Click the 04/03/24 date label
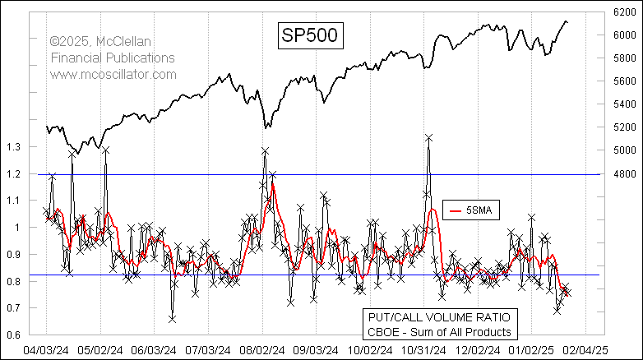pyautogui.click(x=46, y=349)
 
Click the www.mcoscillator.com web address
pyautogui.click(x=113, y=74)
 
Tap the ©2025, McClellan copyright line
pyautogui.click(x=111, y=41)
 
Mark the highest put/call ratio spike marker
pyautogui.click(x=428, y=137)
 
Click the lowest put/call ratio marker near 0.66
pyautogui.click(x=173, y=318)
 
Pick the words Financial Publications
pyautogui.click(x=112, y=58)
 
